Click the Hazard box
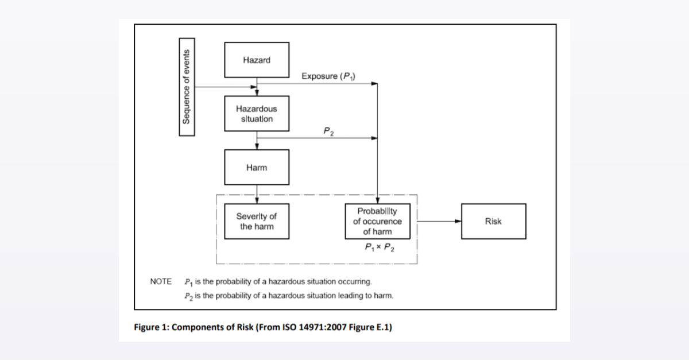pyautogui.click(x=257, y=60)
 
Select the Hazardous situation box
pyautogui.click(x=257, y=114)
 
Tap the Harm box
pyautogui.click(x=257, y=168)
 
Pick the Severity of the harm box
pyautogui.click(x=257, y=221)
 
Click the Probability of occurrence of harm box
pyautogui.click(x=377, y=221)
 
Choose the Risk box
pyautogui.click(x=494, y=221)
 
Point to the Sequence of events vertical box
pyautogui.click(x=187, y=87)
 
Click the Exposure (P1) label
pyautogui.click(x=328, y=76)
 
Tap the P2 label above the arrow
pyautogui.click(x=328, y=131)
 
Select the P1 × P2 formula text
pyautogui.click(x=380, y=247)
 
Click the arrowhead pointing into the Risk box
pyautogui.click(x=458, y=221)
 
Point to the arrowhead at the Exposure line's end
pyautogui.click(x=374, y=83)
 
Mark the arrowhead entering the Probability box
pyautogui.click(x=377, y=200)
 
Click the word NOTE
pyautogui.click(x=161, y=281)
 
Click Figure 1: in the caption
pyautogui.click(x=152, y=327)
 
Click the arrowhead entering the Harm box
pyautogui.click(x=257, y=146)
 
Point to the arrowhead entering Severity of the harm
pyautogui.click(x=257, y=200)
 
